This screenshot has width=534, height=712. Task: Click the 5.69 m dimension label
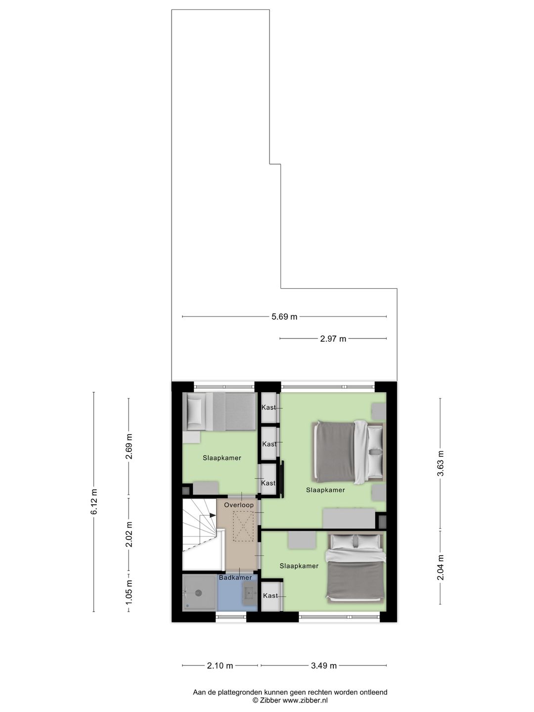tap(284, 317)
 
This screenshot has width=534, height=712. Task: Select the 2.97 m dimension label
tap(333, 339)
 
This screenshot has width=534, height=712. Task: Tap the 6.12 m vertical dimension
tap(93, 502)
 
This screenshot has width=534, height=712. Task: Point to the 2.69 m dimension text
tap(129, 446)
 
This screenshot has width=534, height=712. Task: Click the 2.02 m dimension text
tap(129, 534)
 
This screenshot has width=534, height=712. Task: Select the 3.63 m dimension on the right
tap(440, 464)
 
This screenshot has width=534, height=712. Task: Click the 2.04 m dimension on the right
tap(440, 567)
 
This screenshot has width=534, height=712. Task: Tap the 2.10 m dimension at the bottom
tap(220, 666)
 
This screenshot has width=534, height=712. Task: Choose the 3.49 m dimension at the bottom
tap(324, 666)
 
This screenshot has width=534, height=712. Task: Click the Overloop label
tap(239, 505)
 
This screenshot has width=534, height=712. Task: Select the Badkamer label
tap(235, 578)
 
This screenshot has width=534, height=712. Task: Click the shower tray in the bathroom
tap(199, 592)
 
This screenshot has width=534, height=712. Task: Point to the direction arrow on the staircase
tap(212, 515)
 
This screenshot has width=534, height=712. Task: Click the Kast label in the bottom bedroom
tap(270, 596)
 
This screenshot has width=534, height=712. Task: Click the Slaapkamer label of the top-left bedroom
tap(222, 458)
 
